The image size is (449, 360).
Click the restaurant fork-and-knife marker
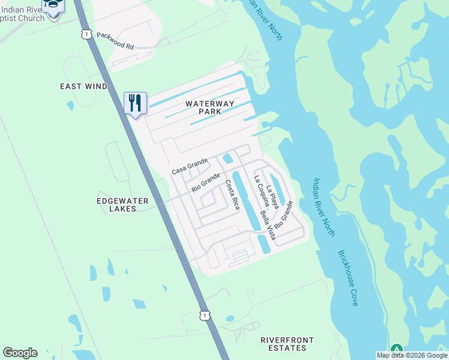coord(135,103)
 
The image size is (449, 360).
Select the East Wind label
coord(83,86)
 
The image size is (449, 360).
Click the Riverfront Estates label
coord(287,344)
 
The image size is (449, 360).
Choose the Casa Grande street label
coord(190,166)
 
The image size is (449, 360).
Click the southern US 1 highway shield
coord(205,315)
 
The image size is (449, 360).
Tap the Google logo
coord(20,353)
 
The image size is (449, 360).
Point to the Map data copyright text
coord(412,355)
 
